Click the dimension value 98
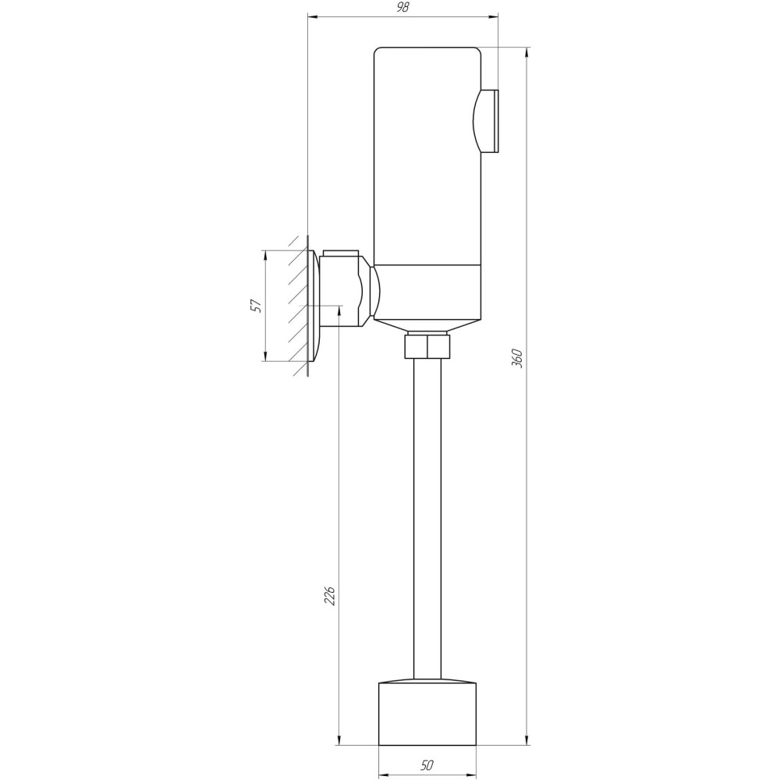tap(403, 8)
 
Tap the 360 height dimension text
tap(517, 358)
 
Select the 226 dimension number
tap(329, 595)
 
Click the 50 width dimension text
tap(427, 764)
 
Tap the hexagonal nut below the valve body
tap(427, 346)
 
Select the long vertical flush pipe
tap(427, 519)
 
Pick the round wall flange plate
tap(314, 306)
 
